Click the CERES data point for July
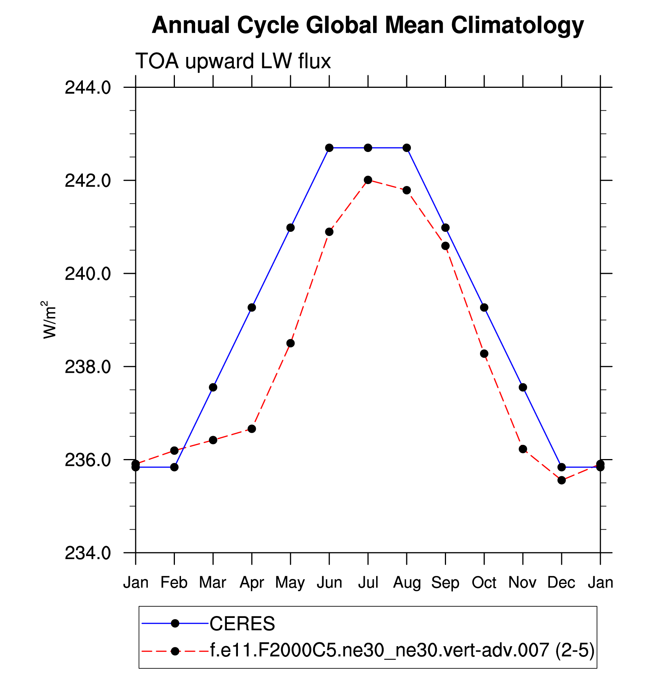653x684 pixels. (x=368, y=148)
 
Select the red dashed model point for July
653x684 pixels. (x=368, y=180)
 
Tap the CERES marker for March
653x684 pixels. (x=213, y=387)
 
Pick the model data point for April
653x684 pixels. (x=252, y=429)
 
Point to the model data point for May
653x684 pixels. (x=291, y=343)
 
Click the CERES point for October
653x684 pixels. (x=484, y=307)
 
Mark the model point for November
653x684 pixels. (x=523, y=449)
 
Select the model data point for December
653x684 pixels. (x=561, y=480)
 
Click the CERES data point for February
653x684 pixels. (x=174, y=467)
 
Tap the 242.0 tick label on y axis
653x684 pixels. (x=88, y=181)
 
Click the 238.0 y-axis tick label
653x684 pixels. (x=88, y=367)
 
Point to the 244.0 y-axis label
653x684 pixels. (x=88, y=88)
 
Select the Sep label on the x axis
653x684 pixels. (x=445, y=583)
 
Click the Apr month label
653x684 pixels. (x=252, y=583)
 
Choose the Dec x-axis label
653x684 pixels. (x=561, y=583)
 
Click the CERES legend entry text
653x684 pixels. (x=242, y=624)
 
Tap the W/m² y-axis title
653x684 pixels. (x=50, y=320)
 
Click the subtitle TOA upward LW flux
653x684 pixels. (x=233, y=61)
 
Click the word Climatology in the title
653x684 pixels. (x=517, y=26)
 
